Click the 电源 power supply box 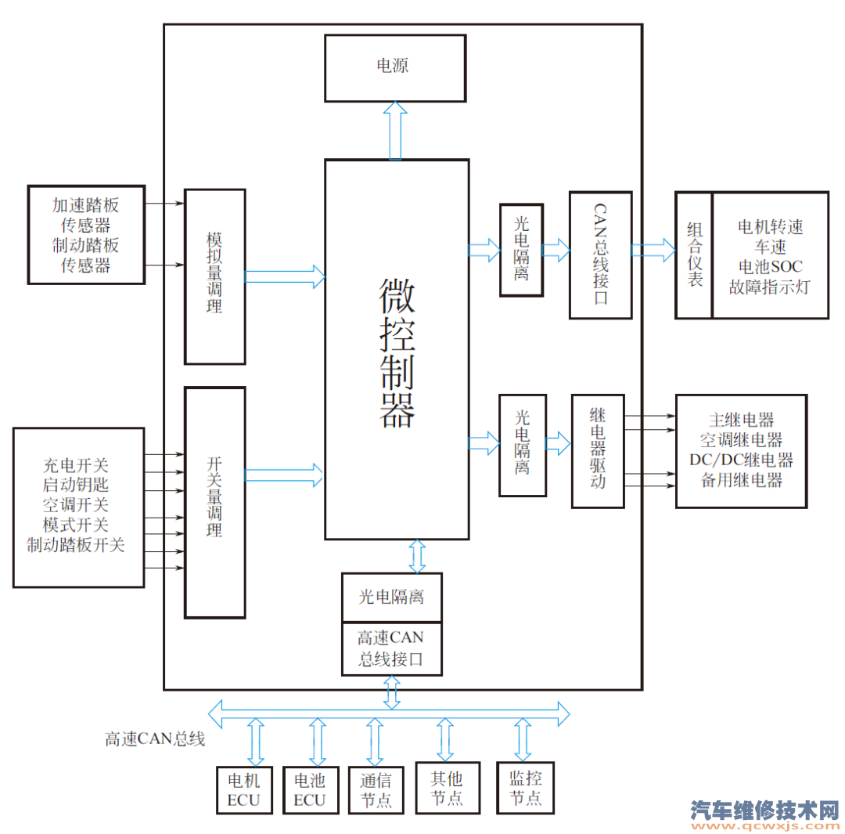(395, 68)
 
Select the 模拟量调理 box (214, 276)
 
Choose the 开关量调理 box (214, 501)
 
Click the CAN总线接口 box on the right (600, 255)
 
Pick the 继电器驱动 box (598, 451)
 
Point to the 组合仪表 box (694, 255)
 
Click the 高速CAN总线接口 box (391, 648)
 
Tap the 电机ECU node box (243, 789)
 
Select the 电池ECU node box (309, 789)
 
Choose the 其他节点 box (447, 788)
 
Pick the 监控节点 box (525, 788)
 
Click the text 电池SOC (770, 266)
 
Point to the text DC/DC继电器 (741, 460)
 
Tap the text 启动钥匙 (76, 484)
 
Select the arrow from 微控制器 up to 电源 (396, 130)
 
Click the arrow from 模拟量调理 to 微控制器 (285, 276)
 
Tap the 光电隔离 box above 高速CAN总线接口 (391, 598)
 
